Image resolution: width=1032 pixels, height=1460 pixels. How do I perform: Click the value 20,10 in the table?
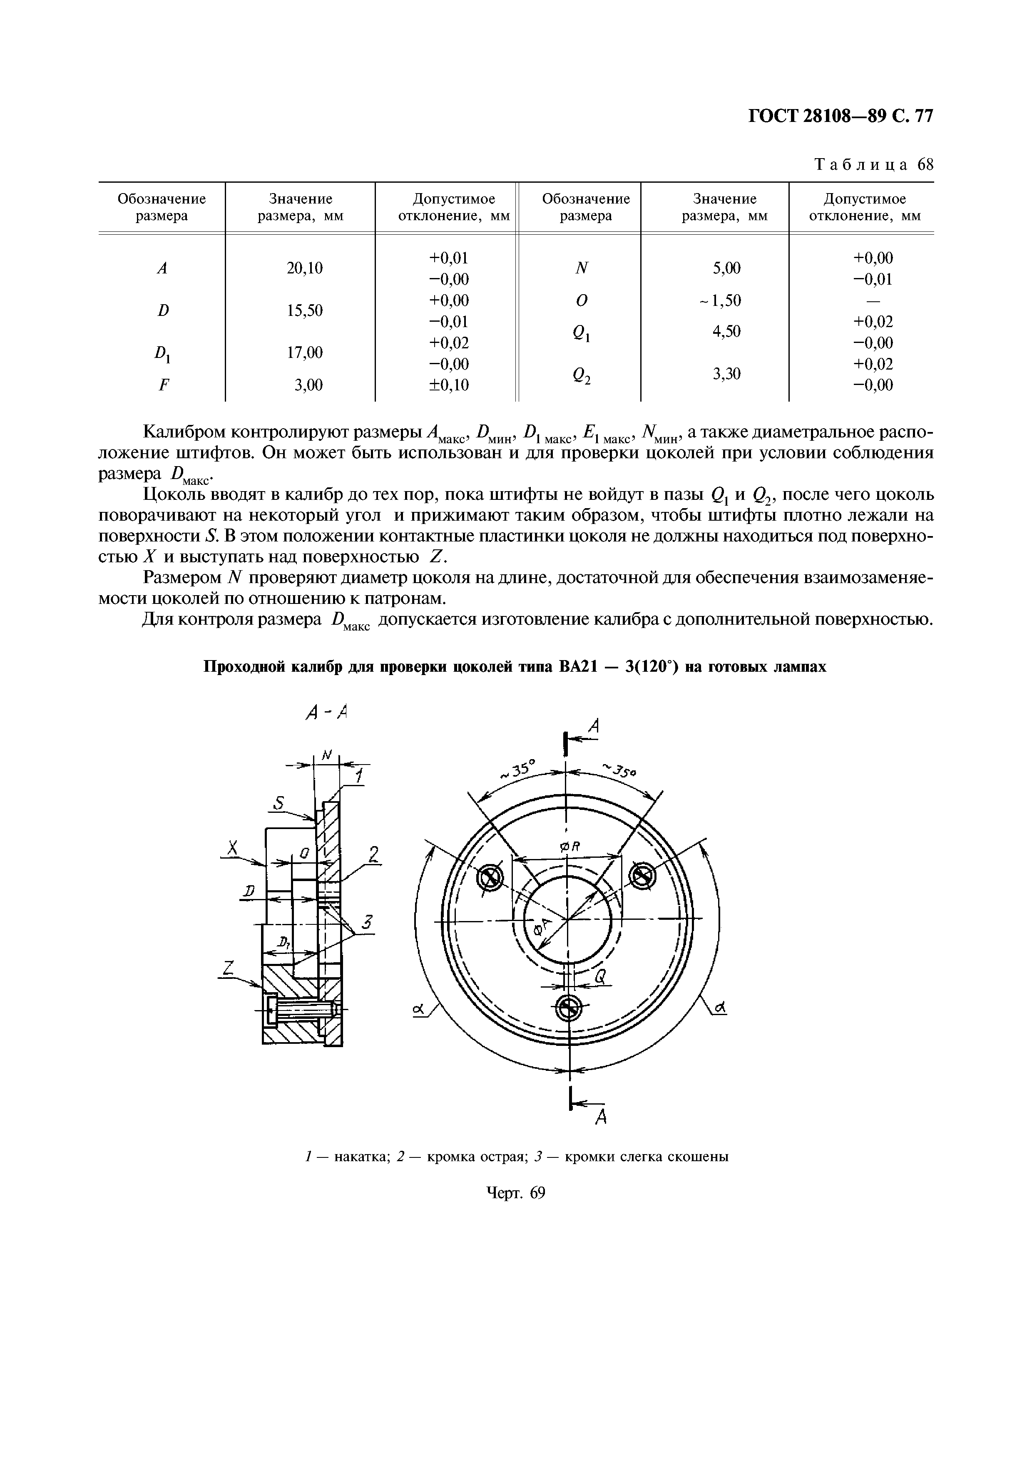(305, 268)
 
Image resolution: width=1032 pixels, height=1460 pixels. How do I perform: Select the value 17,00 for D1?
(305, 352)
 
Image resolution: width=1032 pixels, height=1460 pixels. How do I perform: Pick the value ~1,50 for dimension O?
(720, 300)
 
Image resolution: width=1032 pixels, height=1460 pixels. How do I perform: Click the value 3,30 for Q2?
(726, 374)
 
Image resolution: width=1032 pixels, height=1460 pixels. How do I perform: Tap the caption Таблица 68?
(874, 165)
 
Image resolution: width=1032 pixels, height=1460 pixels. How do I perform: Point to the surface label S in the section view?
(278, 804)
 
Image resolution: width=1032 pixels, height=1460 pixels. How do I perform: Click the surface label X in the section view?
(233, 848)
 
